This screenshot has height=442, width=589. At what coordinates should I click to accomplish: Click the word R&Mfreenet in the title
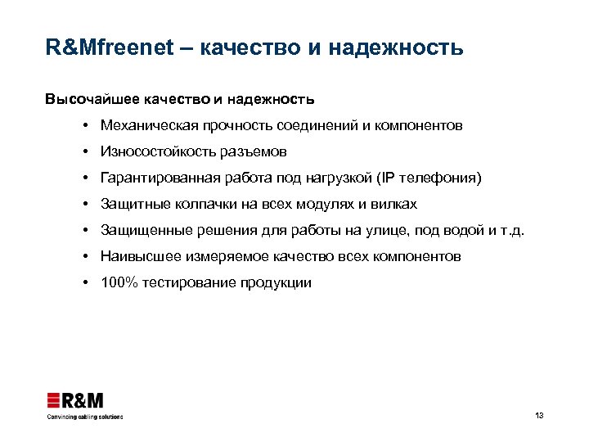tap(110, 47)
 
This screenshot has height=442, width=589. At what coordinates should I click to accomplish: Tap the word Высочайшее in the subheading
tap(92, 100)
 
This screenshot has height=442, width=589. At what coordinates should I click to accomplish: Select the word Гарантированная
tap(154, 178)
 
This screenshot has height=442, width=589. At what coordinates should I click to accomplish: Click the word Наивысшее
tap(137, 256)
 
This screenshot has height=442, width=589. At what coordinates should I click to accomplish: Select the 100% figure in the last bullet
tap(117, 282)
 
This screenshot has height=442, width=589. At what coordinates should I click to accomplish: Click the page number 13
tap(539, 416)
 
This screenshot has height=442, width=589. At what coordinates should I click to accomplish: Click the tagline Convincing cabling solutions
tap(84, 417)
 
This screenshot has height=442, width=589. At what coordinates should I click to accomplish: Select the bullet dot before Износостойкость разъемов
tap(85, 152)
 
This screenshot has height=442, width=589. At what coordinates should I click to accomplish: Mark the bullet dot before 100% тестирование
tap(85, 282)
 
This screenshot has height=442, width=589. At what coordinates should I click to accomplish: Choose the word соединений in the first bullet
tap(316, 126)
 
